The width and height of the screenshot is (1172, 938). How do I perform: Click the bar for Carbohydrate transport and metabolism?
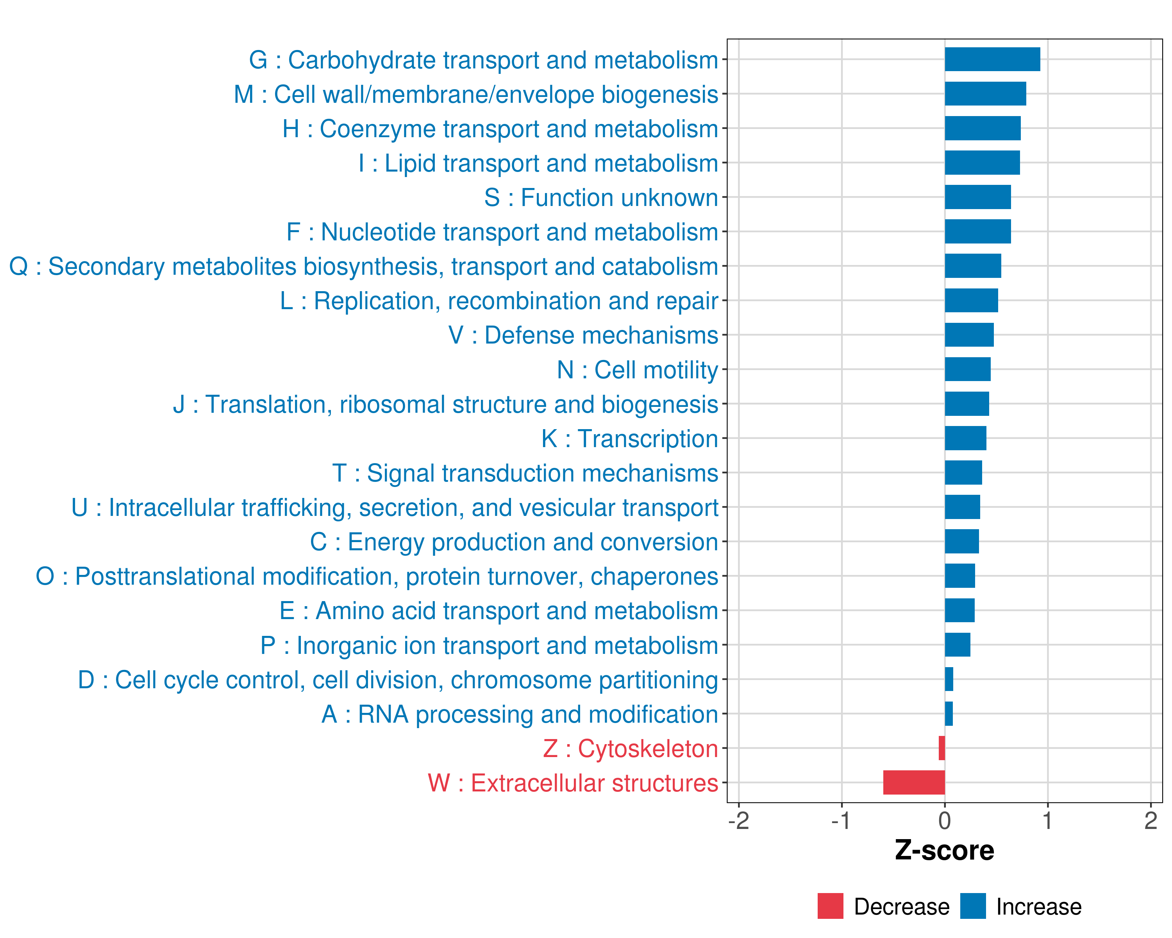click(x=992, y=59)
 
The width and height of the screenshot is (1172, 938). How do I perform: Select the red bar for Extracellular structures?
click(x=914, y=782)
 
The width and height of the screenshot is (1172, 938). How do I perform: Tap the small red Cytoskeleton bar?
click(x=942, y=748)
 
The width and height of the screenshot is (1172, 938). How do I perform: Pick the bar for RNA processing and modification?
click(x=949, y=713)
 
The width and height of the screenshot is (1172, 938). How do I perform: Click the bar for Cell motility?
click(x=968, y=369)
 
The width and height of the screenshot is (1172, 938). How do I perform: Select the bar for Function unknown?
click(x=977, y=197)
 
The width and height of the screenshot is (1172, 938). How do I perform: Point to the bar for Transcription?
click(x=965, y=438)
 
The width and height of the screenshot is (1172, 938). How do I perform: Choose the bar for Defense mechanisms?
click(x=969, y=335)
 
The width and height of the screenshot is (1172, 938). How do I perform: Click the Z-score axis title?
click(x=944, y=850)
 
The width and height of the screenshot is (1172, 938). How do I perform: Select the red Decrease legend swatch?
click(x=830, y=906)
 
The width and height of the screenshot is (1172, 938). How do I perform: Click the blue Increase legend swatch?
click(x=972, y=906)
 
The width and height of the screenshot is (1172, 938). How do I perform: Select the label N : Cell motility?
click(x=637, y=370)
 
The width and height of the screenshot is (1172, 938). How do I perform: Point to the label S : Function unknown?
click(x=601, y=197)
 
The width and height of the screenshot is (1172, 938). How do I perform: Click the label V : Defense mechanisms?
click(x=583, y=335)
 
